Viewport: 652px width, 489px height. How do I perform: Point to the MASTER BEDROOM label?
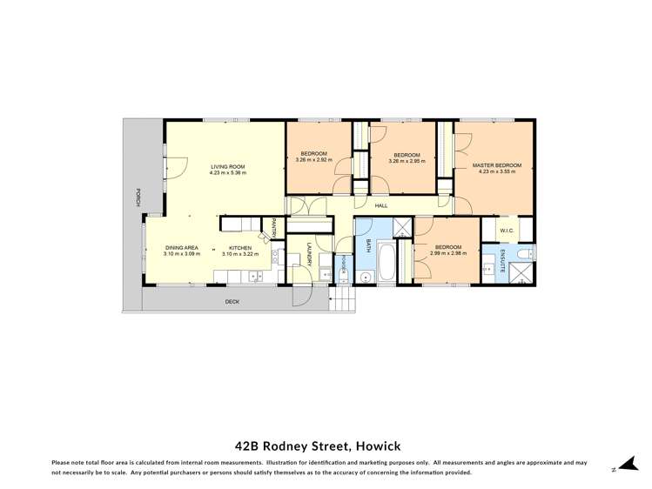click(x=496, y=164)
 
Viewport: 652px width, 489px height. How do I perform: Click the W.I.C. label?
click(x=508, y=231)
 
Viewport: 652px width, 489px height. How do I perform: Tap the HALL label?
click(x=381, y=205)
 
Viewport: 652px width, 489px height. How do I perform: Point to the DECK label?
click(x=232, y=301)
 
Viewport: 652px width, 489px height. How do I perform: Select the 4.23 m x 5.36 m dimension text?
click(x=227, y=172)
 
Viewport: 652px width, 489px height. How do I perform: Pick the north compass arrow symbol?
click(x=619, y=466)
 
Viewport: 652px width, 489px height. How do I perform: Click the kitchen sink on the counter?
click(x=256, y=277)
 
